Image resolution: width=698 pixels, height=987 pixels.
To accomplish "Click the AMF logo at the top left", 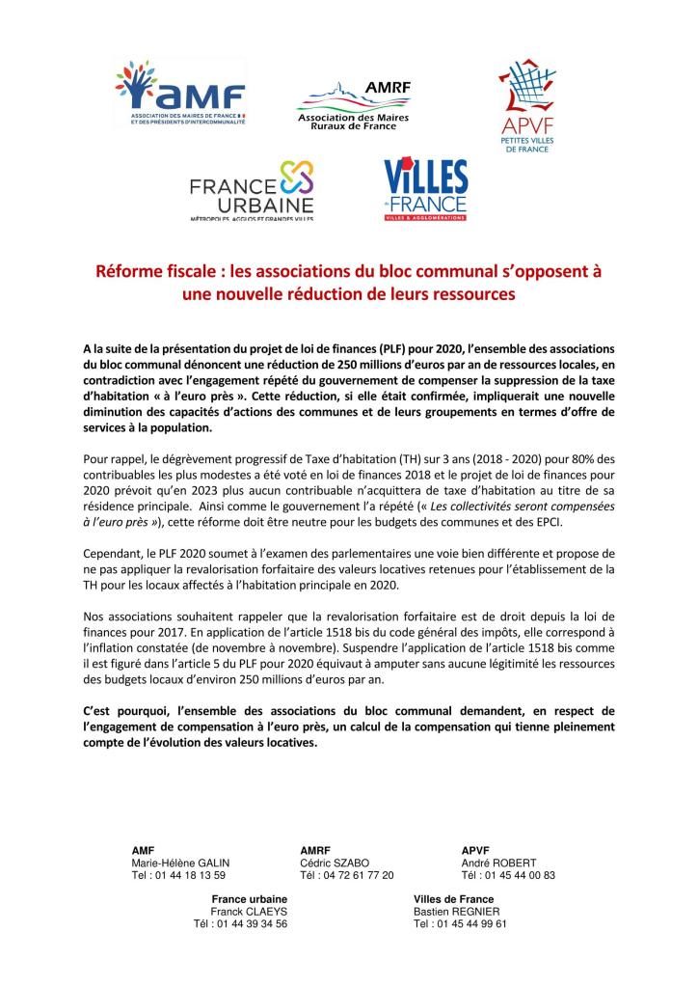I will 180,95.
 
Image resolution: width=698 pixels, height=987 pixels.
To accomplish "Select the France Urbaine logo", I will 252,192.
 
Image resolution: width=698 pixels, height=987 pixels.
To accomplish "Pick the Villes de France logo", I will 425,190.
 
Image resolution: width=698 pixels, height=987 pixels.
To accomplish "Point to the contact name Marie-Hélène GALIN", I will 180,863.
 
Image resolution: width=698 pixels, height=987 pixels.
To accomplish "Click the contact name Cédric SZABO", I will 335,863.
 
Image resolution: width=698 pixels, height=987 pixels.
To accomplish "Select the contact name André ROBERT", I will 498,863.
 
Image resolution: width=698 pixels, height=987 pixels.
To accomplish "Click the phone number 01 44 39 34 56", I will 251,923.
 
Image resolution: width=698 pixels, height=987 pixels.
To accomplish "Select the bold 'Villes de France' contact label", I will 453,898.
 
